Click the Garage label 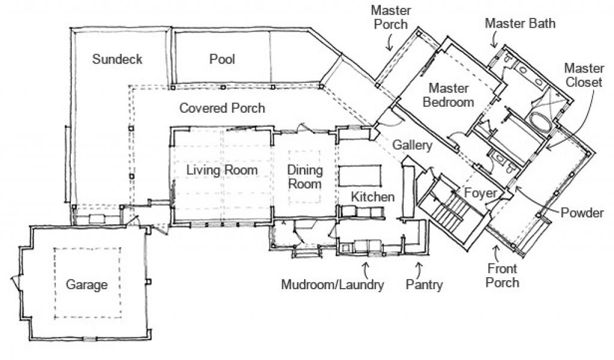[x=87, y=284]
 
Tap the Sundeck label [x=117, y=59]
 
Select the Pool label [x=222, y=59]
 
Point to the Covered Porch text [x=222, y=109]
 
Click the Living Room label [x=222, y=170]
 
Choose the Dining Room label [x=305, y=177]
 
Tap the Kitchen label [x=372, y=197]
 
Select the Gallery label [x=413, y=146]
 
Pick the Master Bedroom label [x=449, y=95]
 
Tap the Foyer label [x=480, y=193]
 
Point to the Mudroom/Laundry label [x=332, y=284]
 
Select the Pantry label [x=424, y=284]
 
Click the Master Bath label [x=520, y=24]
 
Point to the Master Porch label [x=389, y=18]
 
